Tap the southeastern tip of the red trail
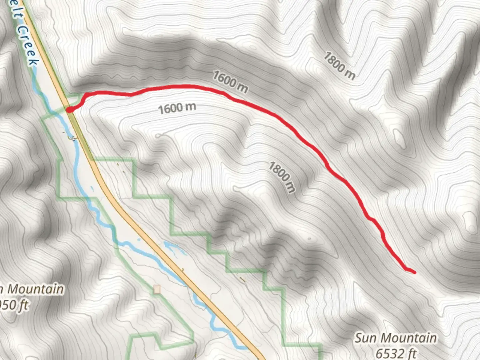pyautogui.click(x=414, y=272)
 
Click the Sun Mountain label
pyautogui.click(x=395, y=338)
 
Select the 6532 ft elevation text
pyautogui.click(x=396, y=353)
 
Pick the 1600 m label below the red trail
pyautogui.click(x=177, y=108)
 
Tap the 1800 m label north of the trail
pyautogui.click(x=339, y=66)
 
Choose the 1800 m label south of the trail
pyautogui.click(x=282, y=177)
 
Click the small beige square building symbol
pyautogui.click(x=157, y=289)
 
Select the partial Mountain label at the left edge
pyautogui.click(x=33, y=289)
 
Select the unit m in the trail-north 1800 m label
pyautogui.click(x=350, y=75)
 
